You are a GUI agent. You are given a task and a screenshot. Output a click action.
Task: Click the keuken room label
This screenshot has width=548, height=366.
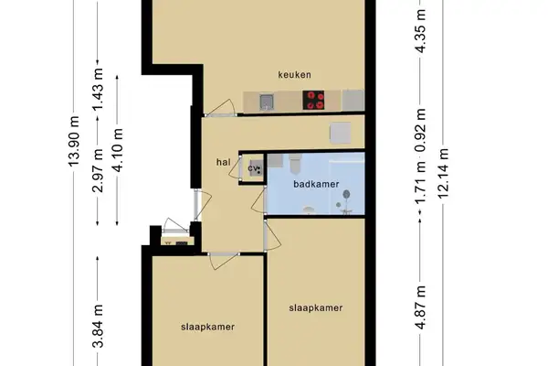coord(296,74)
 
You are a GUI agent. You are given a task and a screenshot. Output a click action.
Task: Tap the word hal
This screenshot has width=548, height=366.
coord(222,162)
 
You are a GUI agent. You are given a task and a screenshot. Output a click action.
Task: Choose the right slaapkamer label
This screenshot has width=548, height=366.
coord(315,308)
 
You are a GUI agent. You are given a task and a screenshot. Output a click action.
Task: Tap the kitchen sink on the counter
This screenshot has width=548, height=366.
coord(267,101)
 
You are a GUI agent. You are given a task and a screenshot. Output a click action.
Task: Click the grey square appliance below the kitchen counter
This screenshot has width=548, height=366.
coord(340,134)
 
